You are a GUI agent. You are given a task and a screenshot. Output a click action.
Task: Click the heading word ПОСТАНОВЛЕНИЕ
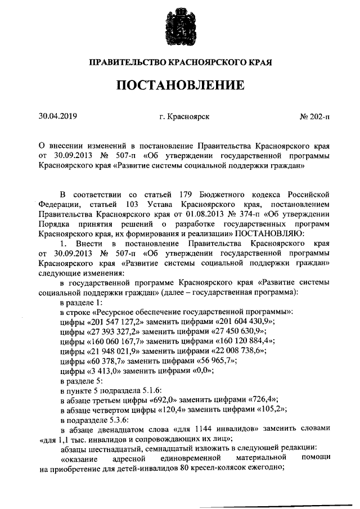(180, 85)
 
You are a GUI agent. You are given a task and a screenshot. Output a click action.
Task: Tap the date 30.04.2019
(57, 116)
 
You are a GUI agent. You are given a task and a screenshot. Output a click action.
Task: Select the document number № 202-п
(314, 117)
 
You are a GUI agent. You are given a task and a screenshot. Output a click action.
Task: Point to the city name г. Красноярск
(184, 117)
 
